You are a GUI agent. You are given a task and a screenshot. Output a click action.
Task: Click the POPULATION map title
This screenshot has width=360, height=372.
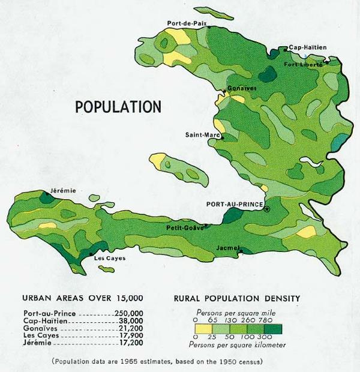pyautogui.click(x=118, y=107)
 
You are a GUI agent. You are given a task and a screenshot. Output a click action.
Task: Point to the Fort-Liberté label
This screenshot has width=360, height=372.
pyautogui.click(x=302, y=64)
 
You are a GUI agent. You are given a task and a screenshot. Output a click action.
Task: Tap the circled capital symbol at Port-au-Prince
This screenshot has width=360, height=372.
pyautogui.click(x=267, y=209)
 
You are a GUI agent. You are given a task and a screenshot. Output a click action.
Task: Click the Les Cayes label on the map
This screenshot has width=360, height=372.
pyautogui.click(x=109, y=259)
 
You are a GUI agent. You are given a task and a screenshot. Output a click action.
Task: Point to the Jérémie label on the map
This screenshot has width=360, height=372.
pyautogui.click(x=64, y=190)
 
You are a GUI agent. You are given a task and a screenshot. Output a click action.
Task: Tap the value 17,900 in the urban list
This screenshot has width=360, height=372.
pyautogui.click(x=130, y=337)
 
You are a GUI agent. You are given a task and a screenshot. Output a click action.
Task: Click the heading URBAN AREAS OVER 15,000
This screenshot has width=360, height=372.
pyautogui.click(x=82, y=298)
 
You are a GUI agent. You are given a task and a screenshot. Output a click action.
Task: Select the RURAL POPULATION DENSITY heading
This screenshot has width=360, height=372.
pyautogui.click(x=236, y=298)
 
